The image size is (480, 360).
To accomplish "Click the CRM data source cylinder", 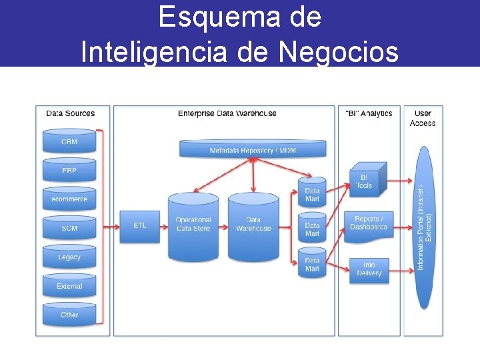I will [69, 141].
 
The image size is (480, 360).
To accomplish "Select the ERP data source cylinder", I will [69, 170].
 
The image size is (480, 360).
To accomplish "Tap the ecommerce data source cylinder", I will [69, 199].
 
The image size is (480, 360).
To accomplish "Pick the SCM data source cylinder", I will [69, 228].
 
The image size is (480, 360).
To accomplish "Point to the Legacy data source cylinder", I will [69, 257].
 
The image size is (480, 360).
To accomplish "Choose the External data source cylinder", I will [69, 285].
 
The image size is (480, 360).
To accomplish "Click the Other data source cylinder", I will [69, 314].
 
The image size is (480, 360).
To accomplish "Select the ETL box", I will [140, 226].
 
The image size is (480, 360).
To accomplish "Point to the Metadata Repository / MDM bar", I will [253, 149].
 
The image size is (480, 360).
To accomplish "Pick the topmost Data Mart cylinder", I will [312, 192].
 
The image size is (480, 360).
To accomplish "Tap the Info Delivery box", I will [369, 269].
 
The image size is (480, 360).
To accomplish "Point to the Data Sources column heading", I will [70, 113].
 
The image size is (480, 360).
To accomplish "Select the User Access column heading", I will [423, 118].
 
